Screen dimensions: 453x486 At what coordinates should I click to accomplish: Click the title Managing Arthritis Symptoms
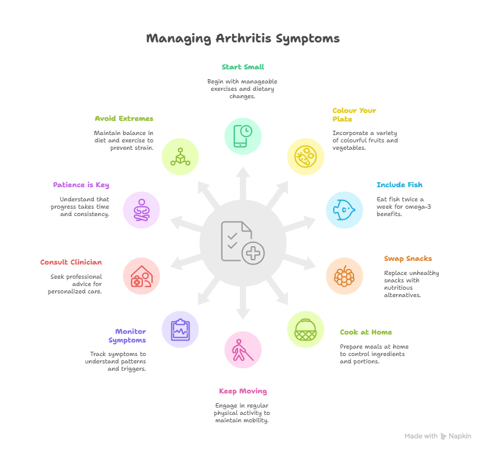(242, 39)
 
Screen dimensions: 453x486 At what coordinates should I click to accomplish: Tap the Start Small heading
(242, 67)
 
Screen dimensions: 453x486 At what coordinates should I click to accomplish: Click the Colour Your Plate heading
(354, 115)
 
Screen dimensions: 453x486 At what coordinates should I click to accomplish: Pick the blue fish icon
(344, 210)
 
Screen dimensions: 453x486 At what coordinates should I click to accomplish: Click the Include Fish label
(399, 185)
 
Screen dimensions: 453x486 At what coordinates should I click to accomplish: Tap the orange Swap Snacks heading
(407, 258)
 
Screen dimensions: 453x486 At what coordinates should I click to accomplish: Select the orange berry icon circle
(344, 276)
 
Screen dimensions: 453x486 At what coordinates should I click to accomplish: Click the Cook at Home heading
(366, 332)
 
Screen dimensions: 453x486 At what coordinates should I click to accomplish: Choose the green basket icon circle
(306, 329)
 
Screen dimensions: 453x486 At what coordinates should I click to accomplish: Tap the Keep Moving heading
(242, 391)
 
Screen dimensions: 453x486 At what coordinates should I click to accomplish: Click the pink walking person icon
(242, 350)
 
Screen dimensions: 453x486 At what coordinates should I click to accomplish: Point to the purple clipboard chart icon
(180, 329)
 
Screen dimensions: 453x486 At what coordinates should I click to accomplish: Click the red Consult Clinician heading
(71, 262)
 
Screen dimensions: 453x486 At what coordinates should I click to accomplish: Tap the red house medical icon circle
(141, 276)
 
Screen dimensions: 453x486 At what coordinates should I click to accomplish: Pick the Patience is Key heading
(81, 185)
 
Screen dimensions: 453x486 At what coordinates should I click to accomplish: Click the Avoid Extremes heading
(124, 118)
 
